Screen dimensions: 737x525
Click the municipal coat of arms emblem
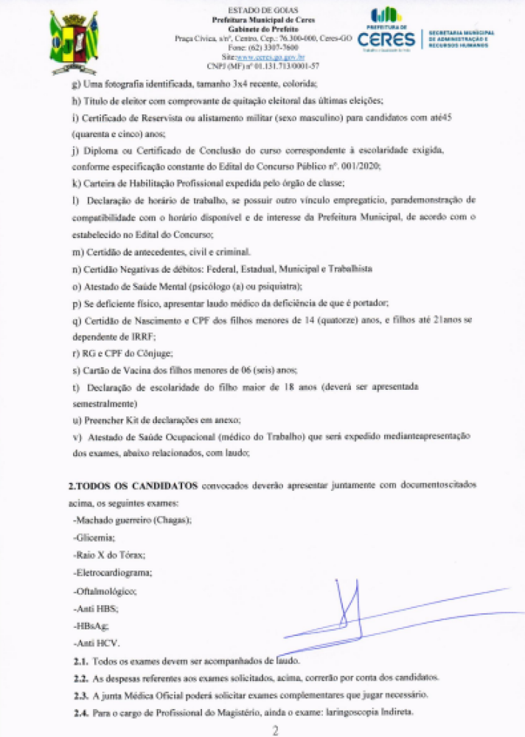tap(73, 43)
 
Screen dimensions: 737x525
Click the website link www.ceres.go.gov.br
tap(273, 57)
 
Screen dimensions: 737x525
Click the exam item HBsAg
tap(91, 626)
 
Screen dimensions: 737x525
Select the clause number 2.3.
tap(80, 696)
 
